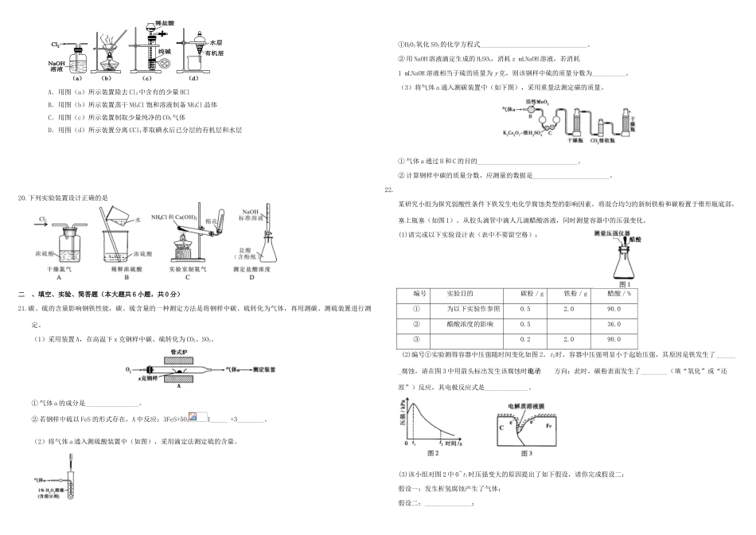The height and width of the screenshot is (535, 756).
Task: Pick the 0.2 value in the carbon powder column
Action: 525,339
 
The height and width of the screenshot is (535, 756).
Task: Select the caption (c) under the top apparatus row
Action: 146,77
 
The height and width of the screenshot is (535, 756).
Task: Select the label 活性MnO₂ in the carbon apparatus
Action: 528,103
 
